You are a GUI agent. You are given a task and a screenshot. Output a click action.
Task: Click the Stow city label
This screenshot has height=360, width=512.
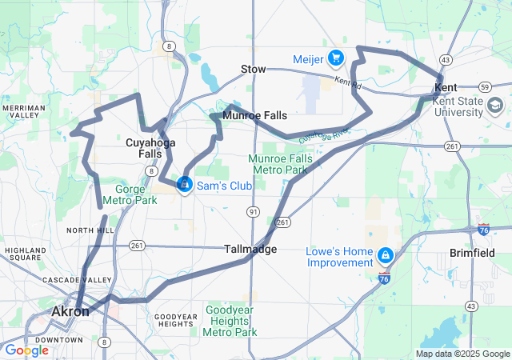(x=253, y=70)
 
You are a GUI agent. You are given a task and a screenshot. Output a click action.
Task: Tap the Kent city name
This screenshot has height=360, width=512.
(x=446, y=86)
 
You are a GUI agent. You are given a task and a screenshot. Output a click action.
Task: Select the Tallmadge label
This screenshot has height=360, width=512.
(x=250, y=249)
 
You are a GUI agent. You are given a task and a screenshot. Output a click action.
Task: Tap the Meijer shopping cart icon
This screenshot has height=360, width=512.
(x=335, y=58)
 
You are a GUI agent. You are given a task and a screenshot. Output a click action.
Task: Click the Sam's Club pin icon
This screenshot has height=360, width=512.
(x=185, y=185)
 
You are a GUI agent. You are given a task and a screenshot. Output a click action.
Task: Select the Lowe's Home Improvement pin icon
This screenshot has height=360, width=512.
(x=386, y=255)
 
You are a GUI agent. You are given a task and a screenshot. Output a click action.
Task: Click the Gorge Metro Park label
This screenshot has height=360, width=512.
(x=129, y=194)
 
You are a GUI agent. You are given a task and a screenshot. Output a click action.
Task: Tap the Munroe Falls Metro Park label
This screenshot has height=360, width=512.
(x=278, y=164)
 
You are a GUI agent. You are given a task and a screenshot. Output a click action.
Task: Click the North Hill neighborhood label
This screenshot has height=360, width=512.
(x=86, y=230)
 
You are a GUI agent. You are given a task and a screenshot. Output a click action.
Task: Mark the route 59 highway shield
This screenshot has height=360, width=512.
(x=485, y=86)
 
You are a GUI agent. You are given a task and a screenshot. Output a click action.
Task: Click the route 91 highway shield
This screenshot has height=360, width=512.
(x=253, y=211)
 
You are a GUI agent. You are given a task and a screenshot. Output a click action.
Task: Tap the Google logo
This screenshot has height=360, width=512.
(x=26, y=350)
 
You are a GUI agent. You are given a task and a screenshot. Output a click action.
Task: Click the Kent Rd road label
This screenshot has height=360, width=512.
(x=349, y=82)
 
